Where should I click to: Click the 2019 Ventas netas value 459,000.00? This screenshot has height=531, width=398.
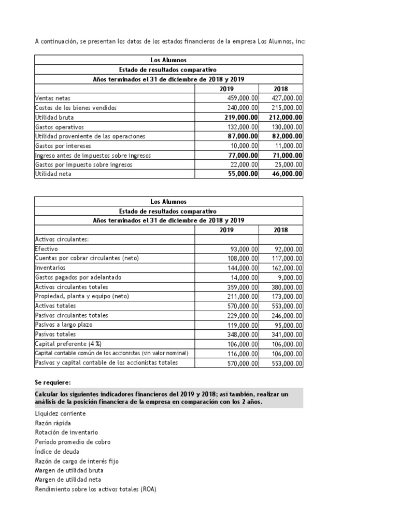243,98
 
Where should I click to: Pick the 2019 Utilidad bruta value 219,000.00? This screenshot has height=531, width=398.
238,117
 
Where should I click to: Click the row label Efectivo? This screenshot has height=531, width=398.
46,249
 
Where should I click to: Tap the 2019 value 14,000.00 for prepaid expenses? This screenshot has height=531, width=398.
244,277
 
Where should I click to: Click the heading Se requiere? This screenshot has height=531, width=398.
52,382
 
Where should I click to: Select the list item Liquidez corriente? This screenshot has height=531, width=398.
60,413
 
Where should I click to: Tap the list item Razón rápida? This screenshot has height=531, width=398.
53,423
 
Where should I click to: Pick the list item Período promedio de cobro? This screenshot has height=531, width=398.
72,442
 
